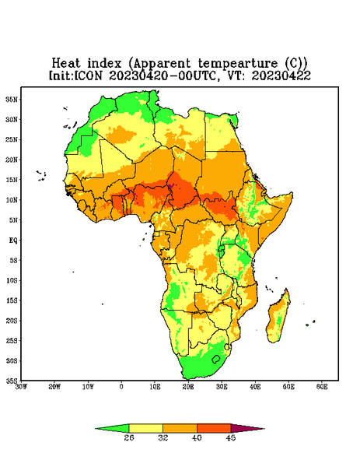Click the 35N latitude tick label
12,99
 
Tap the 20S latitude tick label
12,321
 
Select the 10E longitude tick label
155,387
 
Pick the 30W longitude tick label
21,387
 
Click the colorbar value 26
129,437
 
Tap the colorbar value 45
231,437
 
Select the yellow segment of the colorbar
145,428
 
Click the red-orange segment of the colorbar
214,428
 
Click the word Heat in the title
66,64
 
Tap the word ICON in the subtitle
88,75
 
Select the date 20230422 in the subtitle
281,75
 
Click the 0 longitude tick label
121,387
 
